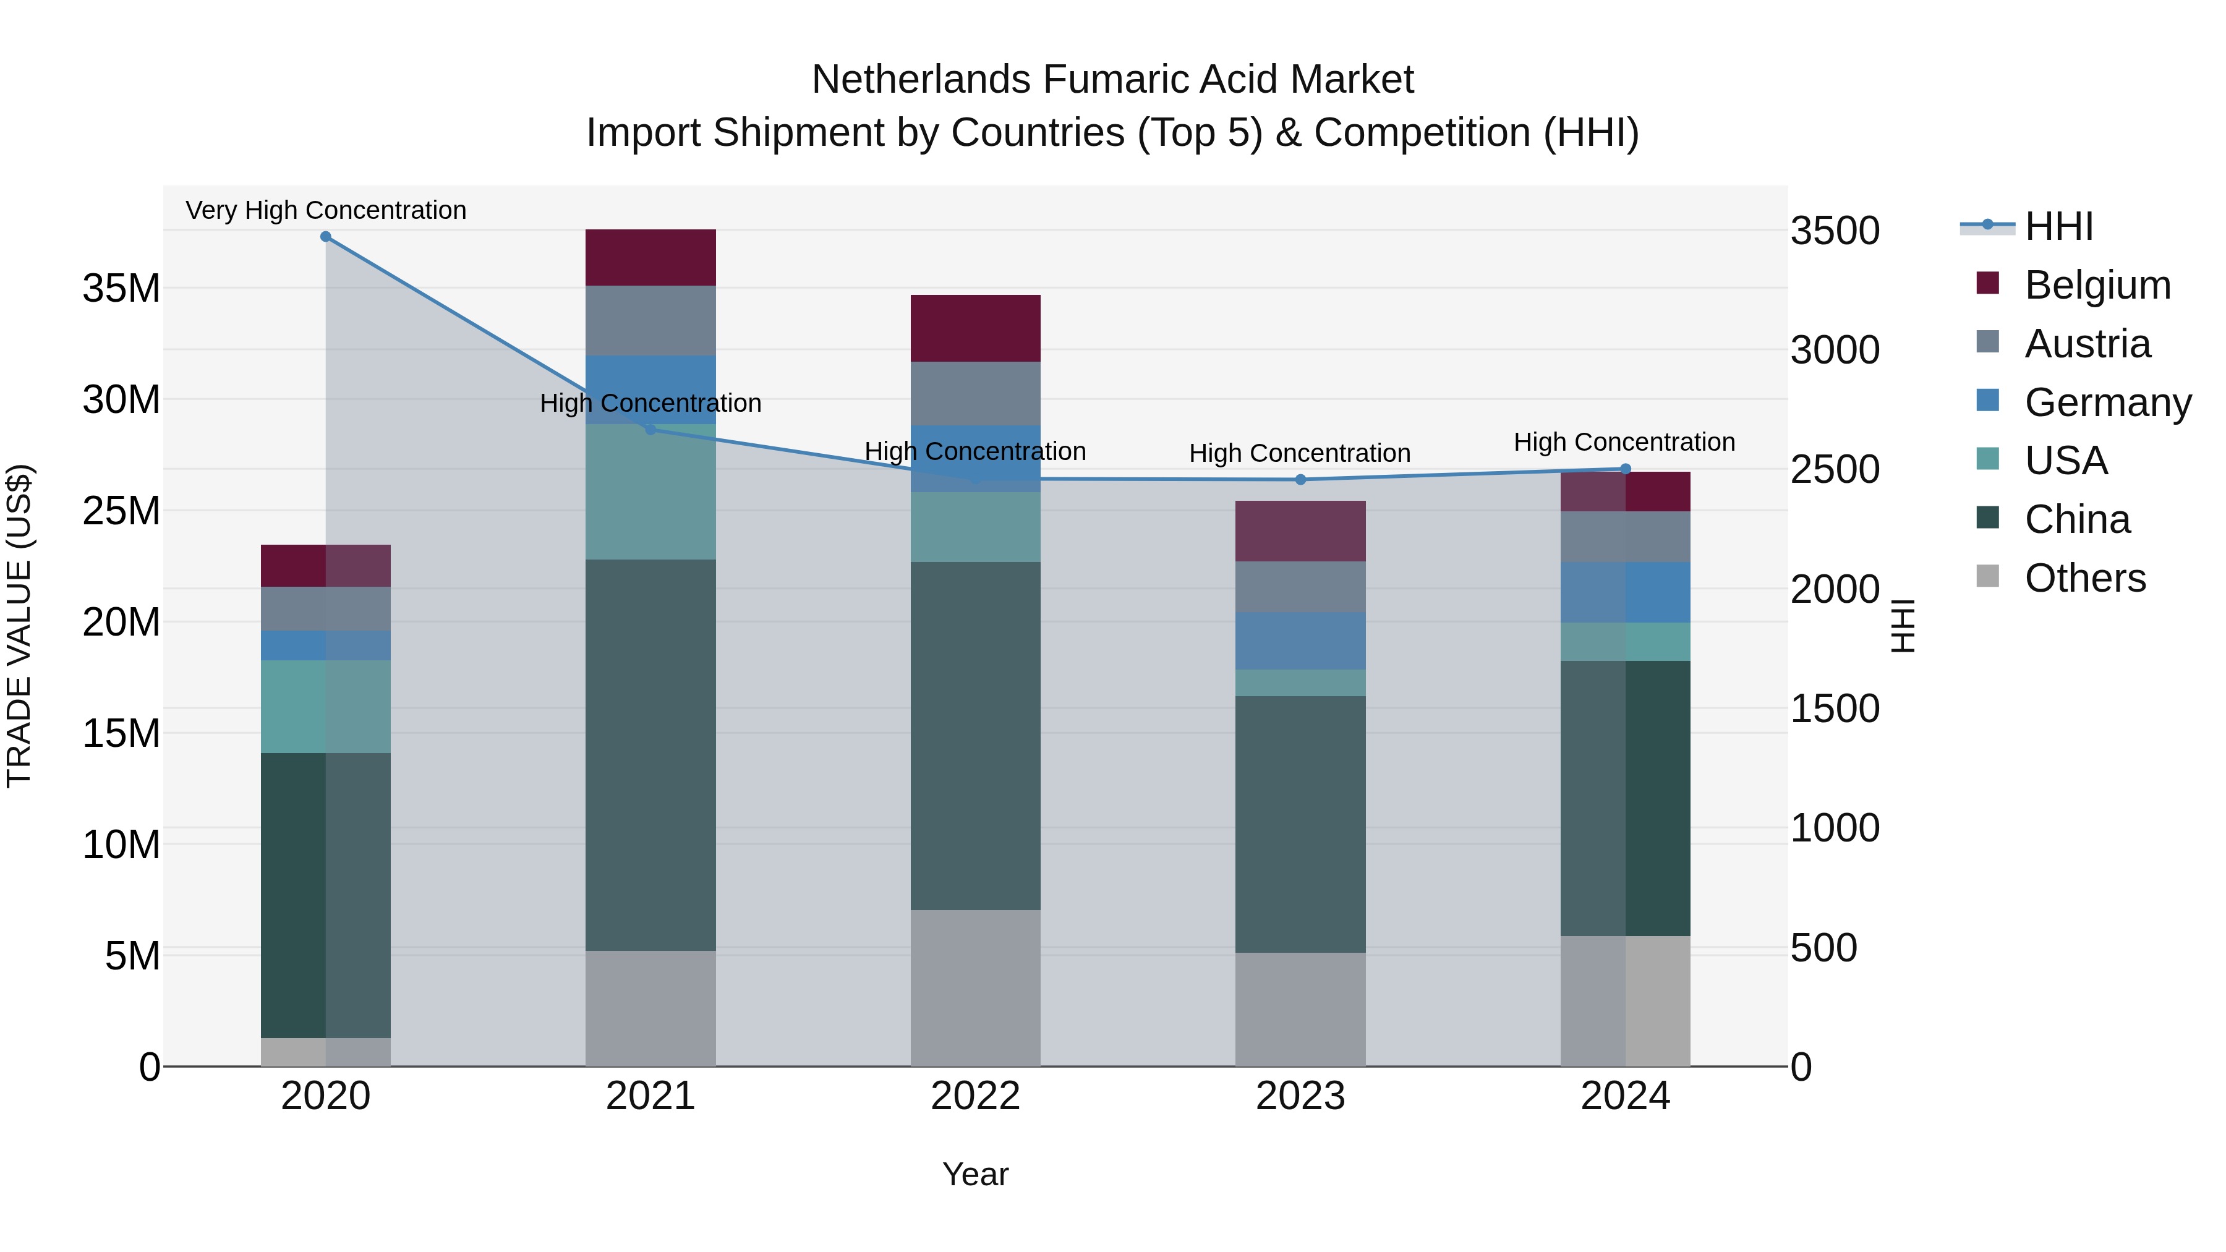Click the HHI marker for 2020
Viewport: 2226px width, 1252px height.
[x=326, y=237]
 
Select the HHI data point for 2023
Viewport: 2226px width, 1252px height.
[x=1300, y=480]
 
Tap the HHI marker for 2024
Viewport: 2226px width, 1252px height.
[x=1626, y=469]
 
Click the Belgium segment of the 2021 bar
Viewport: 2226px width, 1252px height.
[x=650, y=257]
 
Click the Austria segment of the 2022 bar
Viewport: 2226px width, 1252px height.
[x=976, y=393]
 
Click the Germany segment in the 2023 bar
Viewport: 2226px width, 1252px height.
[x=1300, y=641]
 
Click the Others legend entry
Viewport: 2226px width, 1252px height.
[x=2084, y=578]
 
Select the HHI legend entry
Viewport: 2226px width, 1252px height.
[x=2058, y=226]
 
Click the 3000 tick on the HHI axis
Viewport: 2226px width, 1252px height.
[x=1835, y=350]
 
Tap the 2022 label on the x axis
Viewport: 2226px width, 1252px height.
[x=976, y=1096]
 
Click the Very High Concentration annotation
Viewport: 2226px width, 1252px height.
[x=326, y=210]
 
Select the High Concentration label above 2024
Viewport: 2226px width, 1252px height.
[x=1624, y=443]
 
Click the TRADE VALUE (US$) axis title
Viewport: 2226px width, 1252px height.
[x=19, y=626]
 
